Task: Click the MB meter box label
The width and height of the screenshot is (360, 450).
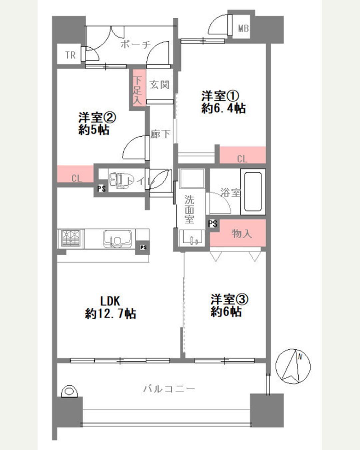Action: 243,28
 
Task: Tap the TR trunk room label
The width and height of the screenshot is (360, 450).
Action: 70,55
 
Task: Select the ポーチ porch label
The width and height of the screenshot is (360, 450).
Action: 136,45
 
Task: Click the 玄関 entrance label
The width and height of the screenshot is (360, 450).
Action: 159,85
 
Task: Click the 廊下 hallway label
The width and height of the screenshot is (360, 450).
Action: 160,134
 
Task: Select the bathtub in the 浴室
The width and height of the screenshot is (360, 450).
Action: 253,192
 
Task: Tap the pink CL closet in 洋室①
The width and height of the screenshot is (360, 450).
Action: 243,155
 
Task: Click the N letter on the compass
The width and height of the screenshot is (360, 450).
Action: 300,356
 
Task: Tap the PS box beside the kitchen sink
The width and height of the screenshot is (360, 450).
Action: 143,248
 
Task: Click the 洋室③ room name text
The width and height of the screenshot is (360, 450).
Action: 229,299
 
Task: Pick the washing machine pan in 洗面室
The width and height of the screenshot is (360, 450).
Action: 191,179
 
